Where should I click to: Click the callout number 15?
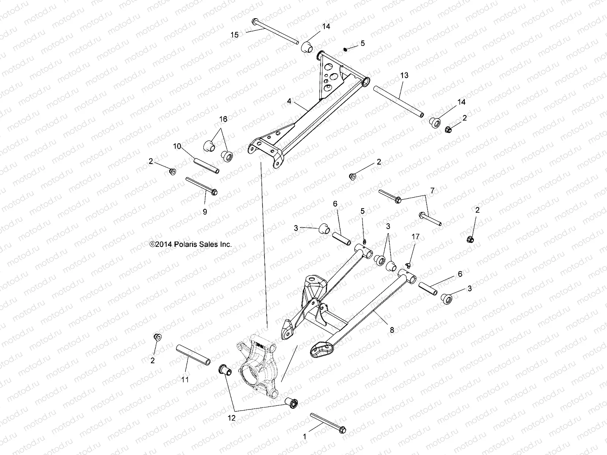(x=235, y=35)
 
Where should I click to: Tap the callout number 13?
(x=404, y=75)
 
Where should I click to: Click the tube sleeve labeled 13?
(x=398, y=102)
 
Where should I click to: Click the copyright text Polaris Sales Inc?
(x=190, y=245)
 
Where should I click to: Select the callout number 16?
(x=223, y=119)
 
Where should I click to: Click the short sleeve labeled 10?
(x=207, y=166)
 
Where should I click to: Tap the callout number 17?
(x=415, y=237)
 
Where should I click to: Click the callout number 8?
(x=392, y=330)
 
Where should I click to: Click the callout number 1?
(x=304, y=436)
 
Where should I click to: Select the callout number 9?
(x=205, y=212)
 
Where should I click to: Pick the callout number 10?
(x=177, y=146)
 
